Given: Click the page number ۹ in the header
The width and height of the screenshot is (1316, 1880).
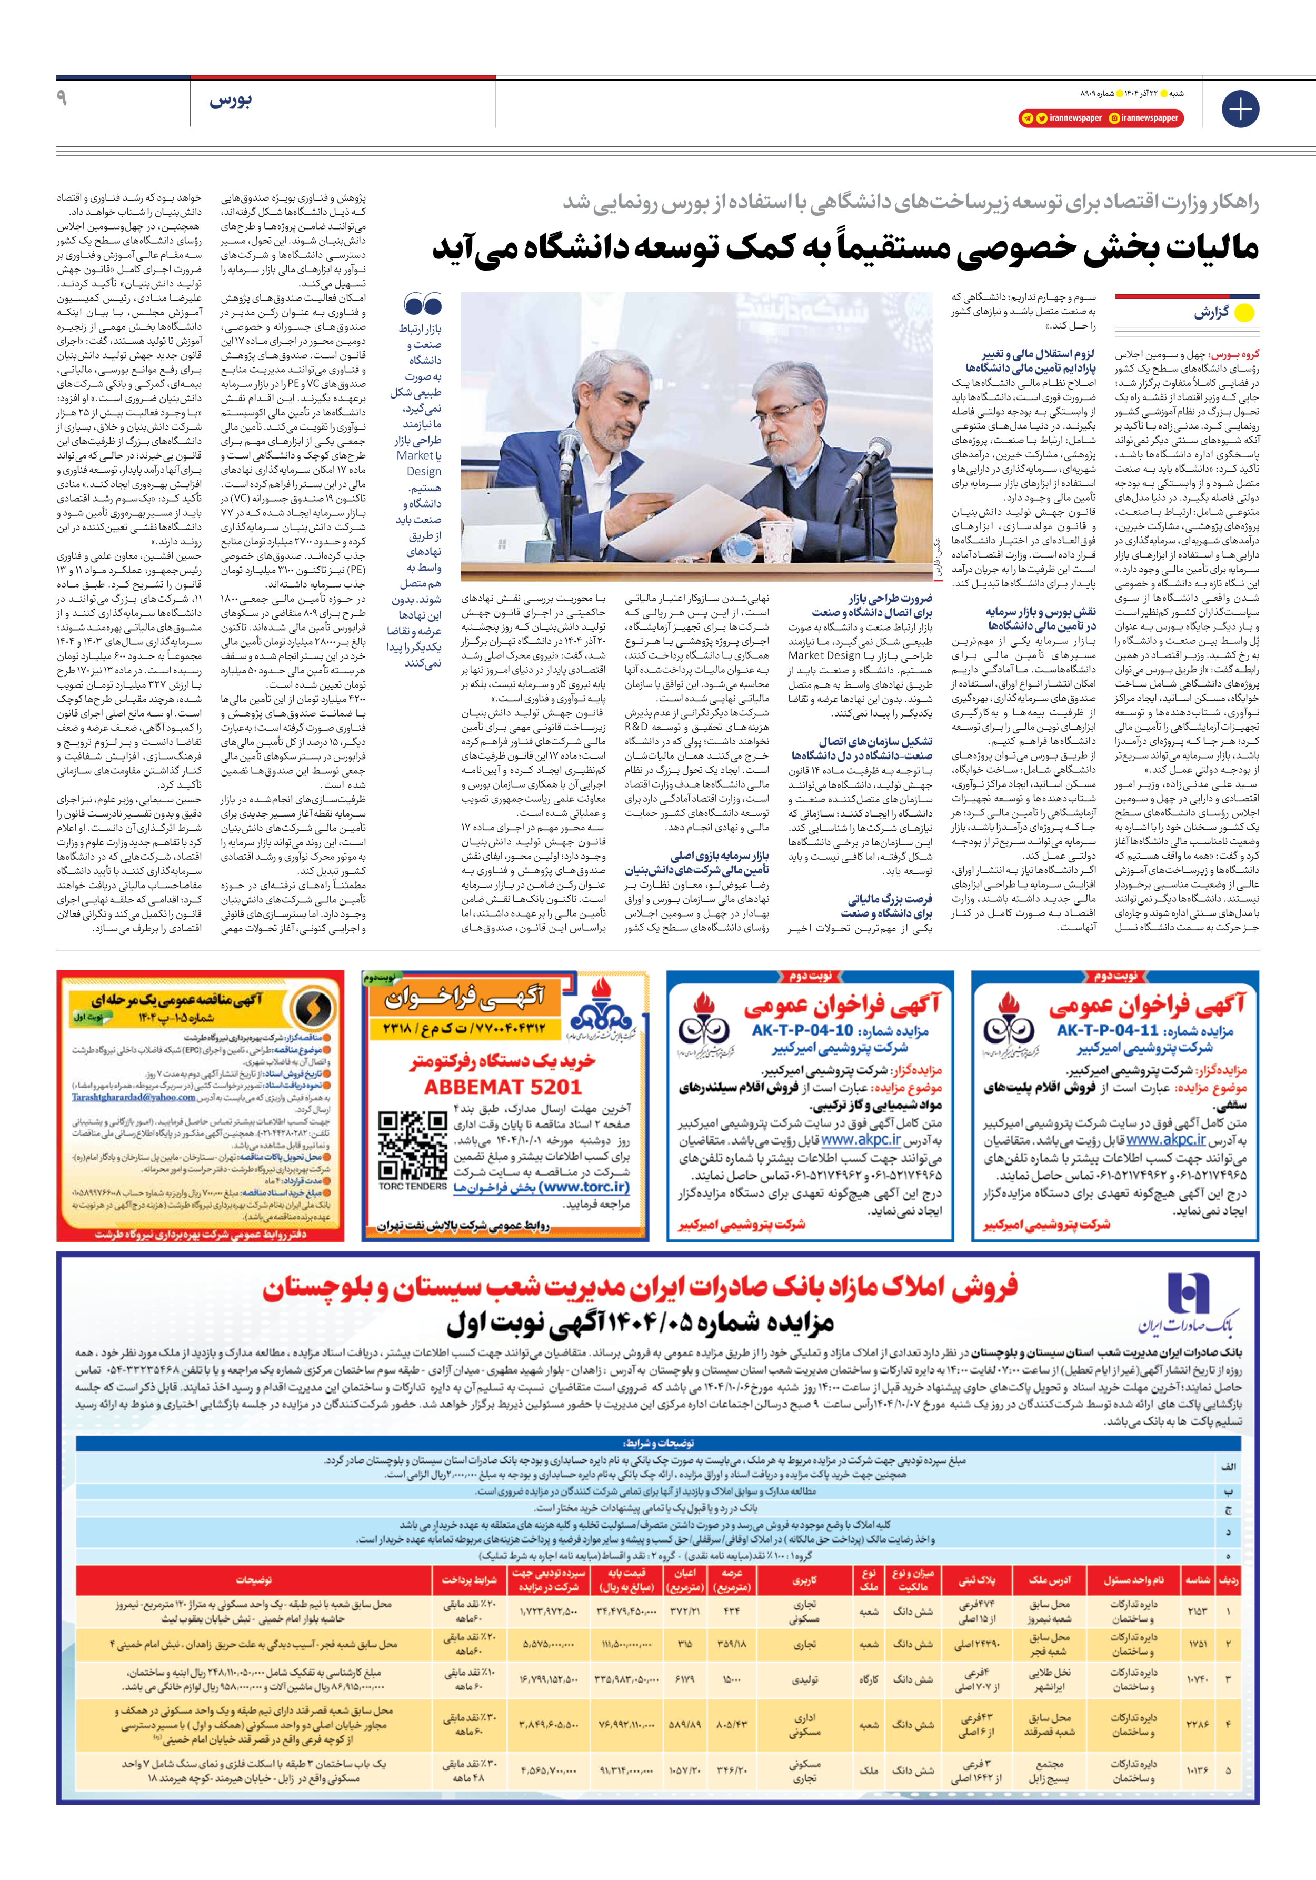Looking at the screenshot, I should click(x=62, y=98).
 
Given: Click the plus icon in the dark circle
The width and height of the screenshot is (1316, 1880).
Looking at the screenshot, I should click(x=1240, y=109).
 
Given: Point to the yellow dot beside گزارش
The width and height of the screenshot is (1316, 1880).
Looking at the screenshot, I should click(x=1243, y=313).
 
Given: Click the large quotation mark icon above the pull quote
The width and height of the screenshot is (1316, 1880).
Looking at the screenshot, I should click(x=423, y=305).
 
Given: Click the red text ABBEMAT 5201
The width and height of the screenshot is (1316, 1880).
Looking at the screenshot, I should click(x=503, y=1087).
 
